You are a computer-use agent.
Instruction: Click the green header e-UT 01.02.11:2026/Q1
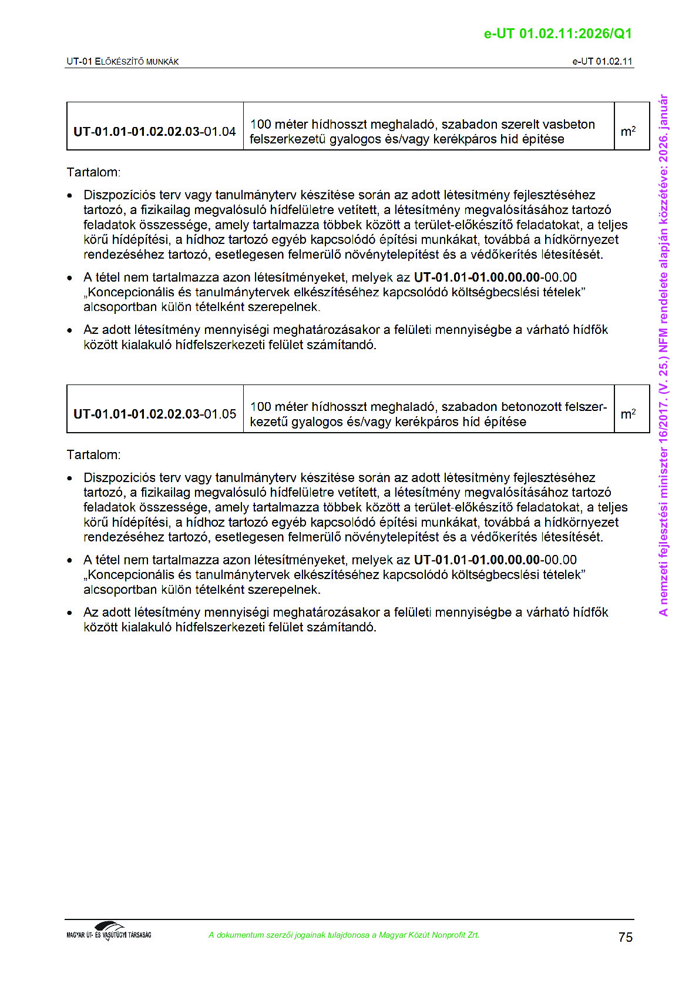pyautogui.click(x=557, y=34)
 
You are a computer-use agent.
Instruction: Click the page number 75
pyautogui.click(x=626, y=937)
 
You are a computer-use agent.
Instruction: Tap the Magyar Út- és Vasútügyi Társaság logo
pyautogui.click(x=109, y=931)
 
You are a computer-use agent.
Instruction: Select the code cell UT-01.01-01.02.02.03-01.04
pyautogui.click(x=154, y=132)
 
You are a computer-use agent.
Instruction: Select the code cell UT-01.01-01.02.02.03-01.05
pyautogui.click(x=154, y=414)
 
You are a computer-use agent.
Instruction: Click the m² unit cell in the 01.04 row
pyautogui.click(x=628, y=132)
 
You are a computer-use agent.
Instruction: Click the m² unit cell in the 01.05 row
pyautogui.click(x=628, y=414)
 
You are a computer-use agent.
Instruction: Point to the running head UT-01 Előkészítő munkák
pyautogui.click(x=123, y=62)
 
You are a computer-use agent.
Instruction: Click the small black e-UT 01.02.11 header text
pyautogui.click(x=602, y=62)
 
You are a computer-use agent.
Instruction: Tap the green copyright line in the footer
pyautogui.click(x=344, y=935)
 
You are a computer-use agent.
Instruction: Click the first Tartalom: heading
pyautogui.click(x=93, y=172)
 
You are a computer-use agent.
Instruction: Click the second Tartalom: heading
pyautogui.click(x=93, y=454)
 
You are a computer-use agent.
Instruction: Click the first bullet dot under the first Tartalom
pyautogui.click(x=70, y=195)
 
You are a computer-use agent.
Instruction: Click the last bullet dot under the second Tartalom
pyautogui.click(x=70, y=613)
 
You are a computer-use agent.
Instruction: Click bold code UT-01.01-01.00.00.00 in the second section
pyautogui.click(x=476, y=560)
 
